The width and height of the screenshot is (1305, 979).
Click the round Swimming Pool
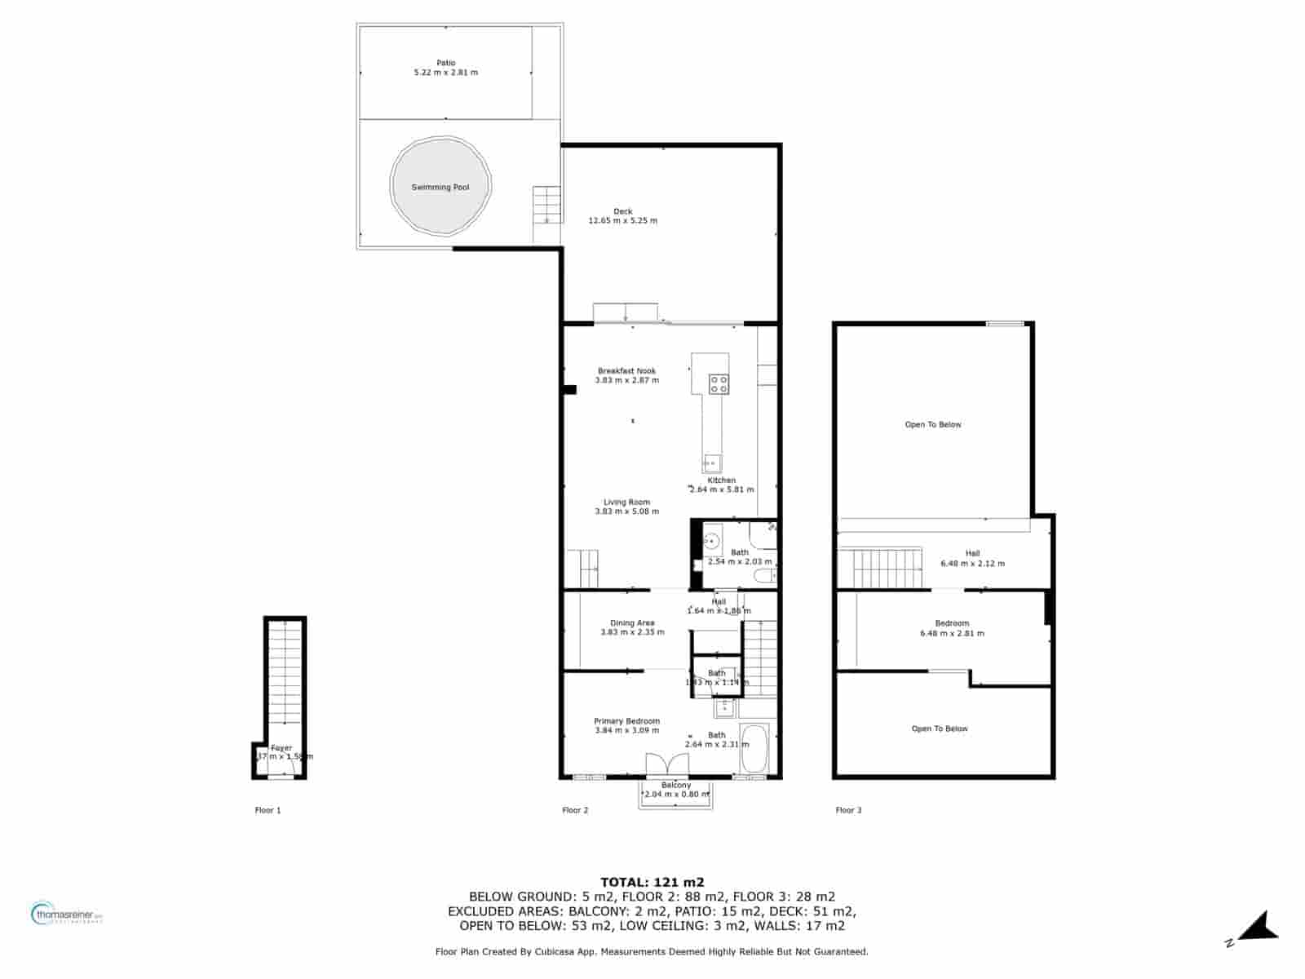coord(440,187)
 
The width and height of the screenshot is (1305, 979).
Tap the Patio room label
coord(446,63)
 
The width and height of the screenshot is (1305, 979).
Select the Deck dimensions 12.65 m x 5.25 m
coord(623,221)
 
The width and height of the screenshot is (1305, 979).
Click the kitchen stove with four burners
coord(719,384)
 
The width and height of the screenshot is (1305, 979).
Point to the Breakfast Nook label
coord(626,371)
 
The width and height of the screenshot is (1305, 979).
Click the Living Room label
coord(626,503)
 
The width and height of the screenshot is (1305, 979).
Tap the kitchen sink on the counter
coord(713,463)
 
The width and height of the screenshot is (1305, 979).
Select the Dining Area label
coord(632,623)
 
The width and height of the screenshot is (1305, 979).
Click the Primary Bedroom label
coord(626,721)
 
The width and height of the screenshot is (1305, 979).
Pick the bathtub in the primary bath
coord(754,748)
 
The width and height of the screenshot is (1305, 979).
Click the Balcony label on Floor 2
coord(676,786)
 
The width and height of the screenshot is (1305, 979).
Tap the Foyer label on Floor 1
coord(281,748)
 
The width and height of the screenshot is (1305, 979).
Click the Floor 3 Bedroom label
coord(952,623)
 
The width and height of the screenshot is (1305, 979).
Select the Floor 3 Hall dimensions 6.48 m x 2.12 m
coord(972,564)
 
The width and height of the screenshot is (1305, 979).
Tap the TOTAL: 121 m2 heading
coord(652,882)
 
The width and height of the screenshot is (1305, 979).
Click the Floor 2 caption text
coord(575,810)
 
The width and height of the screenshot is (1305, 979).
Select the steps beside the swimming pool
coord(547,204)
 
